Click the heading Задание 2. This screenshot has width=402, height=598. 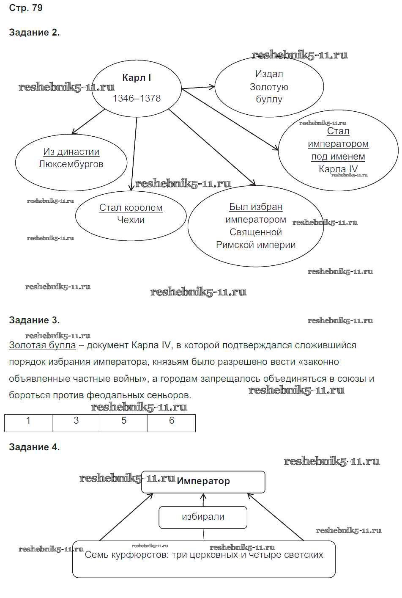[x=34, y=33]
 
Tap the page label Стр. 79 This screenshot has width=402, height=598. [x=26, y=8]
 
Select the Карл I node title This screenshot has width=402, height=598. [x=136, y=78]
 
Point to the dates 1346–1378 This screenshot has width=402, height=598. [x=137, y=99]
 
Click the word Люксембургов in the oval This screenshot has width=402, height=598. [x=71, y=164]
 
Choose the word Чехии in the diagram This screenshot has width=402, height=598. [x=131, y=220]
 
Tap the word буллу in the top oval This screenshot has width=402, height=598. [x=269, y=99]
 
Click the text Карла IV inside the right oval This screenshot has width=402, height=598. [x=338, y=169]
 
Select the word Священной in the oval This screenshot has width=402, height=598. [x=255, y=232]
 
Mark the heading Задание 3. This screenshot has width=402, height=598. [x=34, y=320]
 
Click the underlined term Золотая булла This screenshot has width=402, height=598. [x=42, y=345]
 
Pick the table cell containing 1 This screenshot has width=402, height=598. [x=28, y=423]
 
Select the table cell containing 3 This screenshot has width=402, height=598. [x=76, y=423]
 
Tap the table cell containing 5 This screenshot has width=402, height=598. [x=124, y=423]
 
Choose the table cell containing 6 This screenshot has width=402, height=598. [x=172, y=423]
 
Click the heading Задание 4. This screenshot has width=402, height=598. [x=34, y=447]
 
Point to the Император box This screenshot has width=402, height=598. [x=203, y=482]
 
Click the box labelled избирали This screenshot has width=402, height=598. [x=203, y=517]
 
